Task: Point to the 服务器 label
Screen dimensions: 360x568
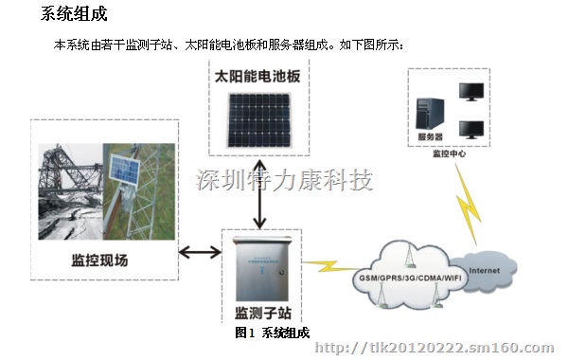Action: point(431,138)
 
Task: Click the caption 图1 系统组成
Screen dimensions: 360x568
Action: point(273,333)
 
